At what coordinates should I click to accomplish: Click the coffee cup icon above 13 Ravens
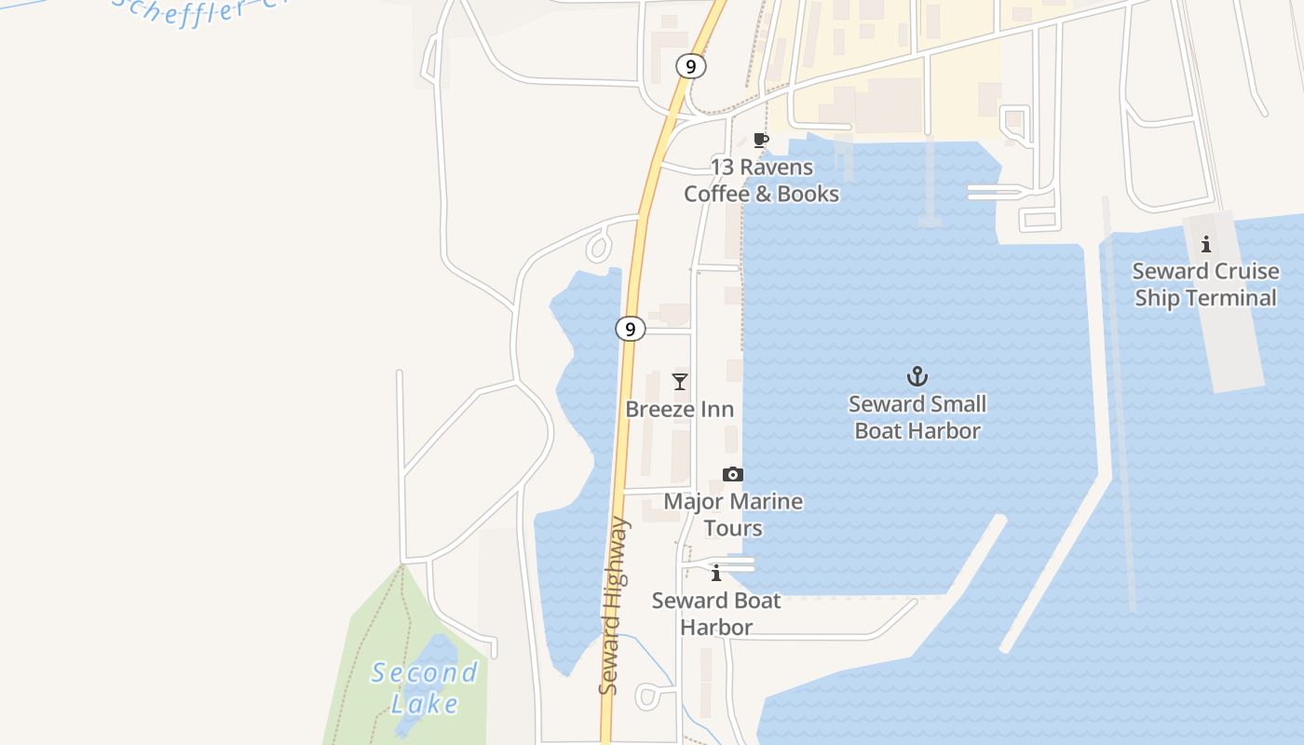[x=761, y=141]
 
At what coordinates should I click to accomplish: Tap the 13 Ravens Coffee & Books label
[x=761, y=181]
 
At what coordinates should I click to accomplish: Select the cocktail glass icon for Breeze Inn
[x=680, y=382]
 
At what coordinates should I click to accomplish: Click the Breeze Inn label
[x=679, y=409]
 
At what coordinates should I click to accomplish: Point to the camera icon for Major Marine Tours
[x=733, y=475]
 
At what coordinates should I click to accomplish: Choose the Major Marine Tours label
[x=733, y=514]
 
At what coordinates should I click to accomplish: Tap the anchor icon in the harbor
[x=917, y=377]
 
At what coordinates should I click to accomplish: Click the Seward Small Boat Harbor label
[x=917, y=417]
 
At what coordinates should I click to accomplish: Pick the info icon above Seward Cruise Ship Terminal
[x=1206, y=245]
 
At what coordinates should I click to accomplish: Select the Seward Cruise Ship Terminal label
[x=1205, y=284]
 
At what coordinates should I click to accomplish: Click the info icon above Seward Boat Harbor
[x=715, y=574]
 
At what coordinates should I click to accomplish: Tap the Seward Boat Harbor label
[x=715, y=614]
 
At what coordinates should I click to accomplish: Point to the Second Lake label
[x=424, y=687]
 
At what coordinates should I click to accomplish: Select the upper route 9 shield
[x=690, y=66]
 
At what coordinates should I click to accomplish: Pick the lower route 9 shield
[x=631, y=329]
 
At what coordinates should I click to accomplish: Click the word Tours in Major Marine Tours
[x=733, y=528]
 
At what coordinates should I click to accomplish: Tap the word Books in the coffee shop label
[x=809, y=194]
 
